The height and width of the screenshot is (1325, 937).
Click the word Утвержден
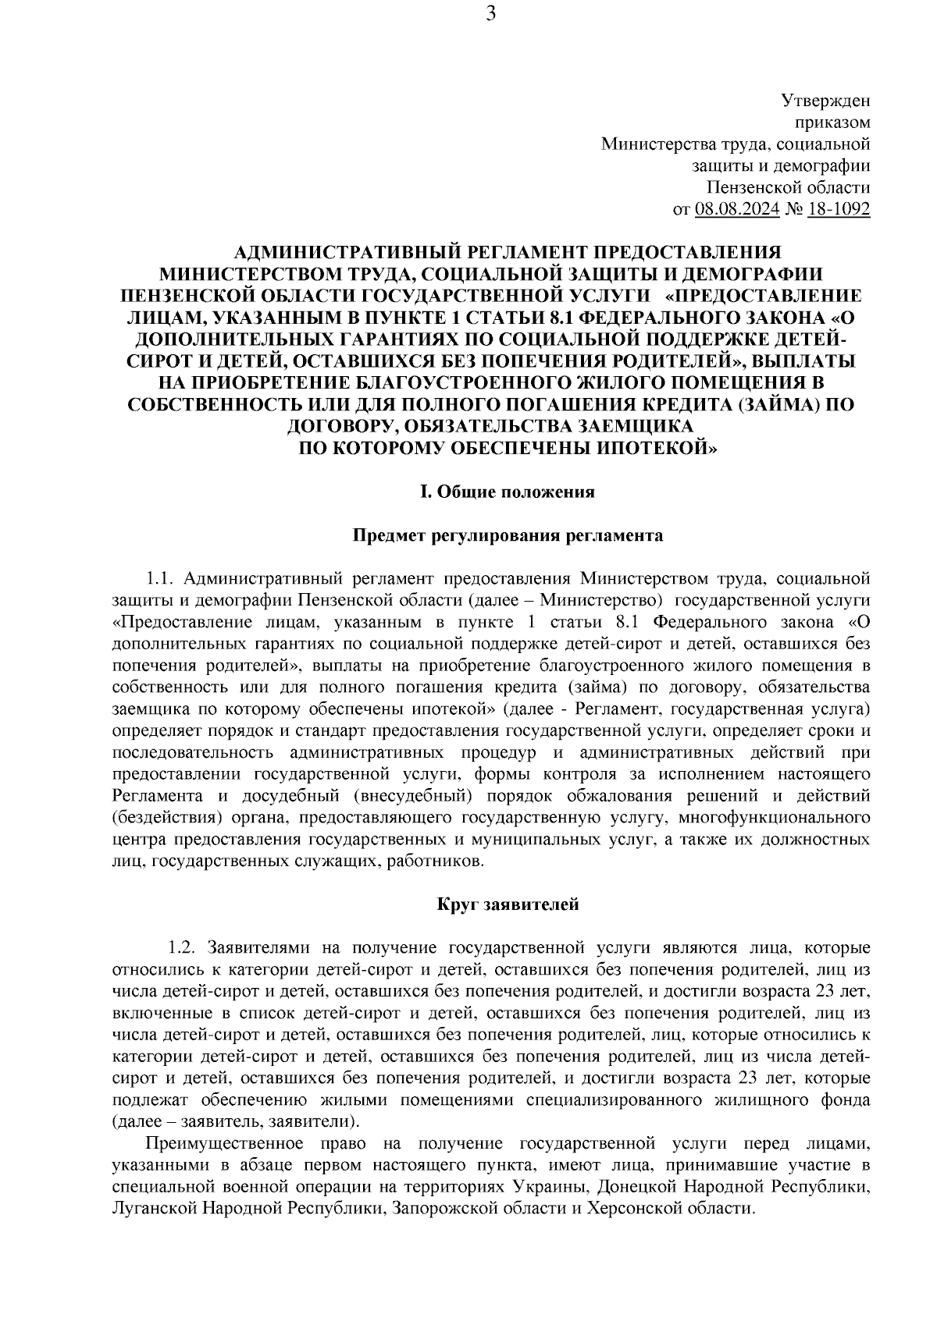pyautogui.click(x=825, y=101)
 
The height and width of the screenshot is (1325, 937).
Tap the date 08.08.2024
pyautogui.click(x=736, y=209)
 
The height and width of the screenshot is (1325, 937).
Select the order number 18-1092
pyautogui.click(x=839, y=209)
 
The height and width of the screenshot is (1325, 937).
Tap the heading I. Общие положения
pyautogui.click(x=508, y=492)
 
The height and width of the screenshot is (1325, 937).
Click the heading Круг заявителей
pyautogui.click(x=508, y=905)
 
